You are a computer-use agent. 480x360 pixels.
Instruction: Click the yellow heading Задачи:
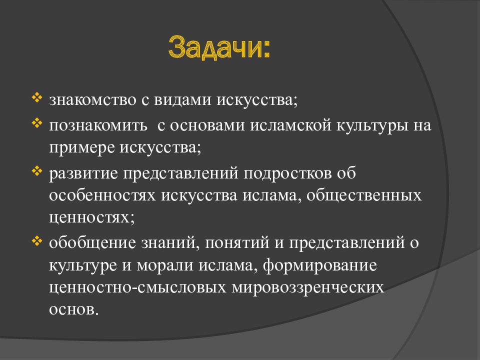(219, 48)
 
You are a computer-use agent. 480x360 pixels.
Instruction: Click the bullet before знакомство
(36, 98)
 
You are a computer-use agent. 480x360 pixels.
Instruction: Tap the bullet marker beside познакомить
(36, 123)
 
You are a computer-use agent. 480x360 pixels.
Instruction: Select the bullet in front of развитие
(36, 171)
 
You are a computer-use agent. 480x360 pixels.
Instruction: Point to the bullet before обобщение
(36, 241)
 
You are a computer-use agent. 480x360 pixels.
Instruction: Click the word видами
(182, 100)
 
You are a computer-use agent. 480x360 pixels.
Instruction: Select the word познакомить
(98, 125)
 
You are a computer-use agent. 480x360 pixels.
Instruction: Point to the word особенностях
(102, 195)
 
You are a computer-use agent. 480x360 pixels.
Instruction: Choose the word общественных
(364, 196)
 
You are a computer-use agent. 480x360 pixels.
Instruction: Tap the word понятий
(237, 243)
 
